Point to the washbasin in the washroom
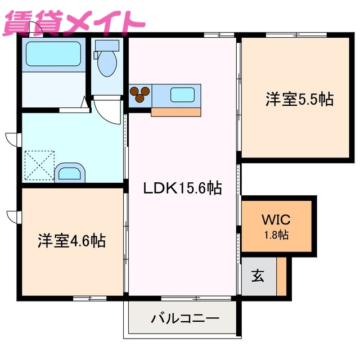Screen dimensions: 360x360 (x=70, y=172)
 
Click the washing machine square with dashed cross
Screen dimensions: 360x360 (x=39, y=165)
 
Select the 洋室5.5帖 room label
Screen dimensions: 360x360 (x=299, y=100)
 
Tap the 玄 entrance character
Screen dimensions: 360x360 (x=258, y=276)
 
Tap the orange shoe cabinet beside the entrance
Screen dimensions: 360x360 (x=282, y=276)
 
